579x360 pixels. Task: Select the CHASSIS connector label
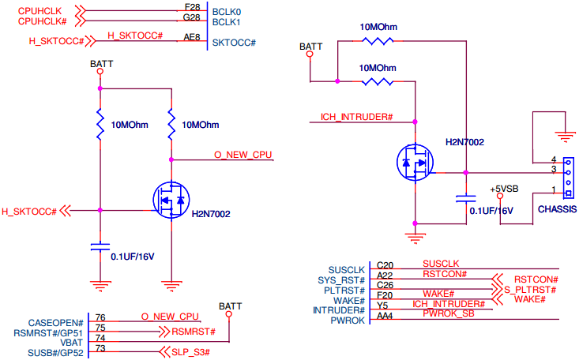click(555, 210)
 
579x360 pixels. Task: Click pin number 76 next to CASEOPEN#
click(100, 317)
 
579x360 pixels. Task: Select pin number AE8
click(191, 36)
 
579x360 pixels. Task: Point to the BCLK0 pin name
click(227, 11)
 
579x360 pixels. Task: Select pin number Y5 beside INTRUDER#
click(382, 306)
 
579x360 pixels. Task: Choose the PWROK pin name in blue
click(348, 321)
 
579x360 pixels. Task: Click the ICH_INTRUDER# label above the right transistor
click(357, 117)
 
